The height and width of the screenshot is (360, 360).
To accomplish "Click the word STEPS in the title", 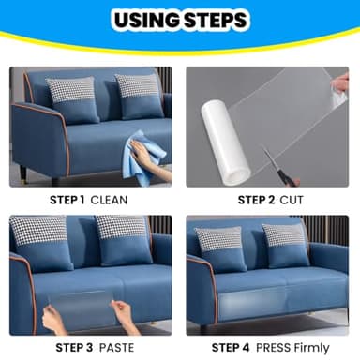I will pyautogui.click(x=216, y=20).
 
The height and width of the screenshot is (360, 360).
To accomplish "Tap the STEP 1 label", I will pyautogui.click(x=68, y=200).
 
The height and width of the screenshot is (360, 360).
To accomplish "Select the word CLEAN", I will pyautogui.click(x=110, y=200).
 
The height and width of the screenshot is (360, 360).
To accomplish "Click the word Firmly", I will pyautogui.click(x=312, y=346).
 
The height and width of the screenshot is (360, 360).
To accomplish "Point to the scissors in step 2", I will pyautogui.click(x=274, y=161).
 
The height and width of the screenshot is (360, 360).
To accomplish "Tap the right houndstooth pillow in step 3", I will pyautogui.click(x=123, y=229).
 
